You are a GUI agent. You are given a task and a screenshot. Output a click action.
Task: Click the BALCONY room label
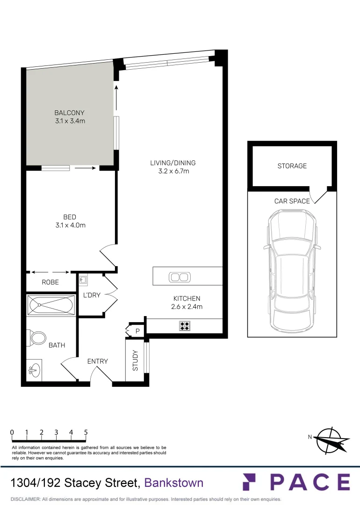[x=70, y=113]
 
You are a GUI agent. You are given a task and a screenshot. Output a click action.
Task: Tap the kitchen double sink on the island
[x=180, y=277]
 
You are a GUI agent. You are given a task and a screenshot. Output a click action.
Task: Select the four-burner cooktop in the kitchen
[x=185, y=325]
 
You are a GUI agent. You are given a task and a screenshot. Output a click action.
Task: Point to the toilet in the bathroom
[x=38, y=337]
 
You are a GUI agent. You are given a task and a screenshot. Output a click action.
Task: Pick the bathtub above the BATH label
[x=51, y=305]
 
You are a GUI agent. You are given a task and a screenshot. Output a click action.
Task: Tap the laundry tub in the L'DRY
[x=83, y=280]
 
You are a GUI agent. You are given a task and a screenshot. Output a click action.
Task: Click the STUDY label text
[x=136, y=361]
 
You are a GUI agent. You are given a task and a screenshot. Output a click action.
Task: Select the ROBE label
[x=50, y=282]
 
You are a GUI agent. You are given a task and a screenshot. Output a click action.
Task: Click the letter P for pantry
[x=137, y=331]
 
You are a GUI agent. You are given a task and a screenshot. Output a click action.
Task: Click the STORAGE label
[x=292, y=166]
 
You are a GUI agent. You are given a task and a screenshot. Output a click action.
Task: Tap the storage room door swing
[x=319, y=195]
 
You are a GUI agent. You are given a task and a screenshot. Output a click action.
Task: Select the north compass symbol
[x=331, y=440]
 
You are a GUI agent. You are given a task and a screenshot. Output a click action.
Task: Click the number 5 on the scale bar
[x=86, y=433]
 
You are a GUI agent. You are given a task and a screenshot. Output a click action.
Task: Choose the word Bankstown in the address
[x=174, y=483]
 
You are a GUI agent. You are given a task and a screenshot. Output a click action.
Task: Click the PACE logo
[x=295, y=482]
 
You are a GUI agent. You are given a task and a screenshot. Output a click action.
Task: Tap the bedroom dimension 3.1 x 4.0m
[x=70, y=225]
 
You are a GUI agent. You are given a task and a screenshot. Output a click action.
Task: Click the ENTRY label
[x=98, y=361]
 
